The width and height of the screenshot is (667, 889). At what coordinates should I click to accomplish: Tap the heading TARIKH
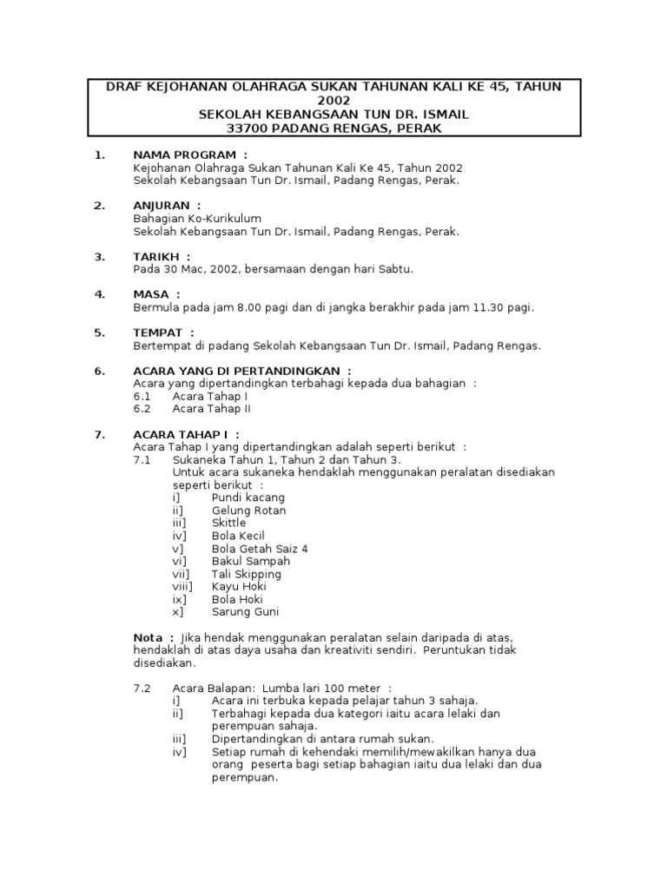pyautogui.click(x=156, y=256)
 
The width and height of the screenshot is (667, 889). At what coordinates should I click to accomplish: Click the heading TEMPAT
pyautogui.click(x=158, y=333)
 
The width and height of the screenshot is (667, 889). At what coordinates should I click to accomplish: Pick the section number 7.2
pyautogui.click(x=142, y=688)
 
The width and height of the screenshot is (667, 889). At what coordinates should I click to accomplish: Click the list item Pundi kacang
pyautogui.click(x=248, y=497)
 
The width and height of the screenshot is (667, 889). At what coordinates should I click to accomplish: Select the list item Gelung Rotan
pyautogui.click(x=248, y=510)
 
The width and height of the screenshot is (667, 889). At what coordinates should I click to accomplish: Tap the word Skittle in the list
pyautogui.click(x=228, y=523)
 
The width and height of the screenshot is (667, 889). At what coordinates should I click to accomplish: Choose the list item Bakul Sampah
pyautogui.click(x=250, y=562)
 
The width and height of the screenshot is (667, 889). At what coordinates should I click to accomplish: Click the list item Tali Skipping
pyautogui.click(x=246, y=574)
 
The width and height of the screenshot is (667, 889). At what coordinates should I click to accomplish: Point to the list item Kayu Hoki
pyautogui.click(x=238, y=587)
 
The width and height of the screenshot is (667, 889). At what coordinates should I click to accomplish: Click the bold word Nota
pyautogui.click(x=149, y=637)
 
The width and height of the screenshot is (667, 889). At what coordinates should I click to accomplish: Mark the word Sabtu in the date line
pyautogui.click(x=393, y=269)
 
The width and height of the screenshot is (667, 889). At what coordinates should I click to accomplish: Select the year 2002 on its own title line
pyautogui.click(x=333, y=101)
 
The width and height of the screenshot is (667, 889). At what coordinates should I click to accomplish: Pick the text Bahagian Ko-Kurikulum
pyautogui.click(x=197, y=219)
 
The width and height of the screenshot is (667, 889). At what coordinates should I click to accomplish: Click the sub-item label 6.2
pyautogui.click(x=142, y=408)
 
